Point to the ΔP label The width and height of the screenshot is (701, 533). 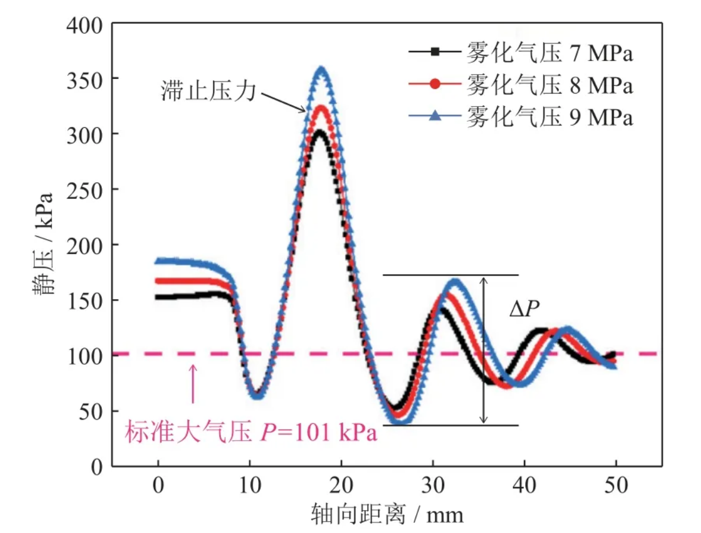coord(525,308)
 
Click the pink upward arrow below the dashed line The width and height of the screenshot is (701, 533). coord(193,383)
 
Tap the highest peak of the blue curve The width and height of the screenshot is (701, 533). coord(321,69)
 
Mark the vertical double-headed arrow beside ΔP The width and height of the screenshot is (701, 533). coord(484,349)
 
